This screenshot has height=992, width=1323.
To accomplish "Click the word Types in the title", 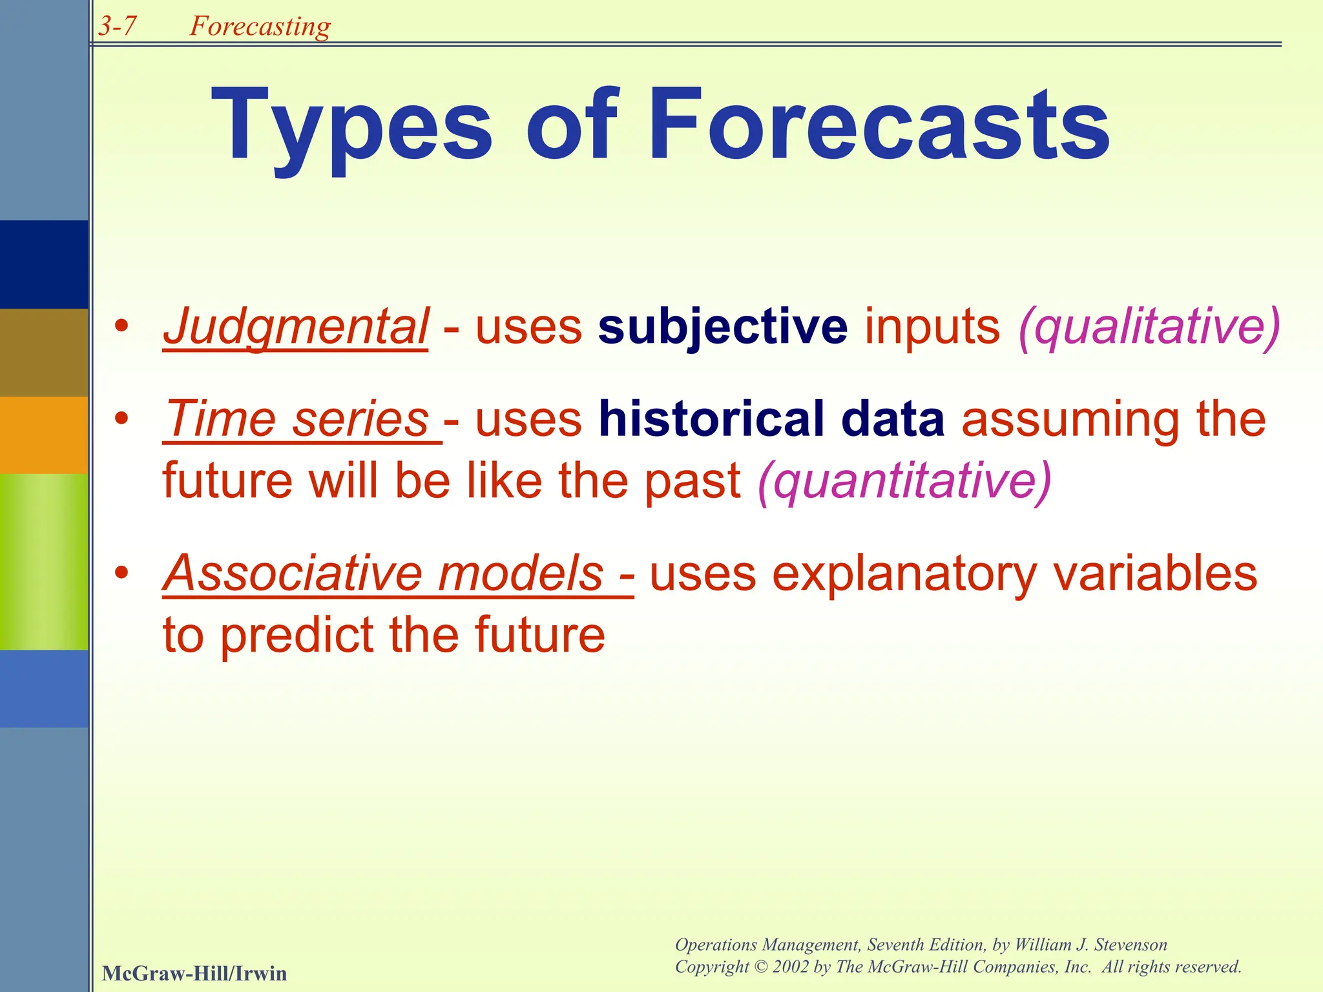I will click(x=352, y=126).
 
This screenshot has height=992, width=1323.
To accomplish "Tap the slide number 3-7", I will click(x=118, y=26).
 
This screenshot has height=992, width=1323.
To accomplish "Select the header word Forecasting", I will click(x=260, y=26).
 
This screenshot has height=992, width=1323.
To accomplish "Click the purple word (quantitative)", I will click(x=904, y=482).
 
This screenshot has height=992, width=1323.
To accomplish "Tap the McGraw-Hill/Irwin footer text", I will click(x=194, y=973).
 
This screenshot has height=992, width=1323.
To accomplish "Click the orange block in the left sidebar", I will click(x=44, y=435).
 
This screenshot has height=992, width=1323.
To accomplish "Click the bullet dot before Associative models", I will click(x=121, y=573).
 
